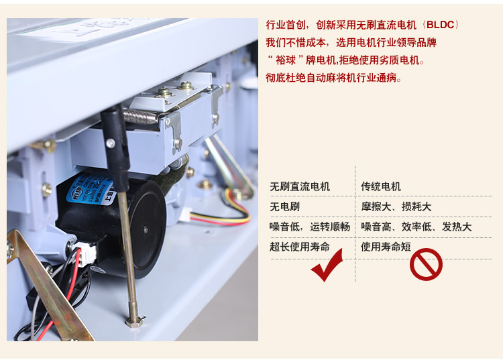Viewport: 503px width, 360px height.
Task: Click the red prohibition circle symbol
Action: pyautogui.click(x=426, y=264)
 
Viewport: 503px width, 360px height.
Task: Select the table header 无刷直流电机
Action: pyautogui.click(x=300, y=186)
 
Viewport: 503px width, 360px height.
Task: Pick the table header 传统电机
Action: pyautogui.click(x=381, y=186)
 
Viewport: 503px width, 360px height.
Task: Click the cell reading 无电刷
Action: pyautogui.click(x=284, y=206)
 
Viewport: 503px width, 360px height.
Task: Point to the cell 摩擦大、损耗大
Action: pyautogui.click(x=396, y=206)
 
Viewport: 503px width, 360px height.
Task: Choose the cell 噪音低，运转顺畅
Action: pyautogui.click(x=310, y=227)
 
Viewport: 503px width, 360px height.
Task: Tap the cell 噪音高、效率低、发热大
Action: pyautogui.click(x=416, y=227)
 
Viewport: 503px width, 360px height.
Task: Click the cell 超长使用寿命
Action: pyautogui.click(x=300, y=247)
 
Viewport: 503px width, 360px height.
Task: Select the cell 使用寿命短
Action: pyautogui.click(x=386, y=247)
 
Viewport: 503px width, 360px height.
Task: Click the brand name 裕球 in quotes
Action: pyautogui.click(x=286, y=60)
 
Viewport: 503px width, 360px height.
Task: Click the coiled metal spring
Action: pyautogui.click(x=141, y=116)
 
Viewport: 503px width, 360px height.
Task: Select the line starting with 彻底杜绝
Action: pyautogui.click(x=333, y=78)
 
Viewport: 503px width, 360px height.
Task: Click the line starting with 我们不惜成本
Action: pyautogui.click(x=351, y=42)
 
